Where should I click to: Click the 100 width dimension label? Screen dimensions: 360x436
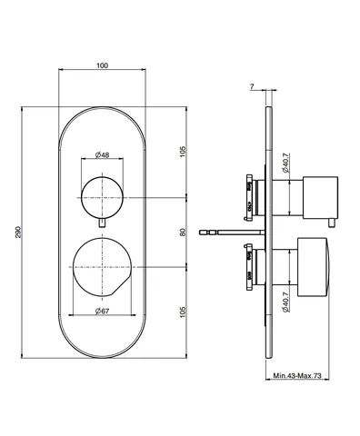[102, 65]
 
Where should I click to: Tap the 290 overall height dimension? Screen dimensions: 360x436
[18, 232]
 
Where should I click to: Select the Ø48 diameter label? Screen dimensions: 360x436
[102, 155]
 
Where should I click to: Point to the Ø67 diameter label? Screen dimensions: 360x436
[102, 311]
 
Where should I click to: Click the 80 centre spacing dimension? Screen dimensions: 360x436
[183, 233]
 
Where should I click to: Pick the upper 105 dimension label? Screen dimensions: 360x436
[183, 152]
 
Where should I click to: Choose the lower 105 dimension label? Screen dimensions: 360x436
[183, 312]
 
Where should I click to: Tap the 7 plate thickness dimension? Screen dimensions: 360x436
[252, 86]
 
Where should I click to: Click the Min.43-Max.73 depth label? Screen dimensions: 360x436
[297, 376]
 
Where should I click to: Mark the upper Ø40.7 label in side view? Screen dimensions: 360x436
[285, 163]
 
